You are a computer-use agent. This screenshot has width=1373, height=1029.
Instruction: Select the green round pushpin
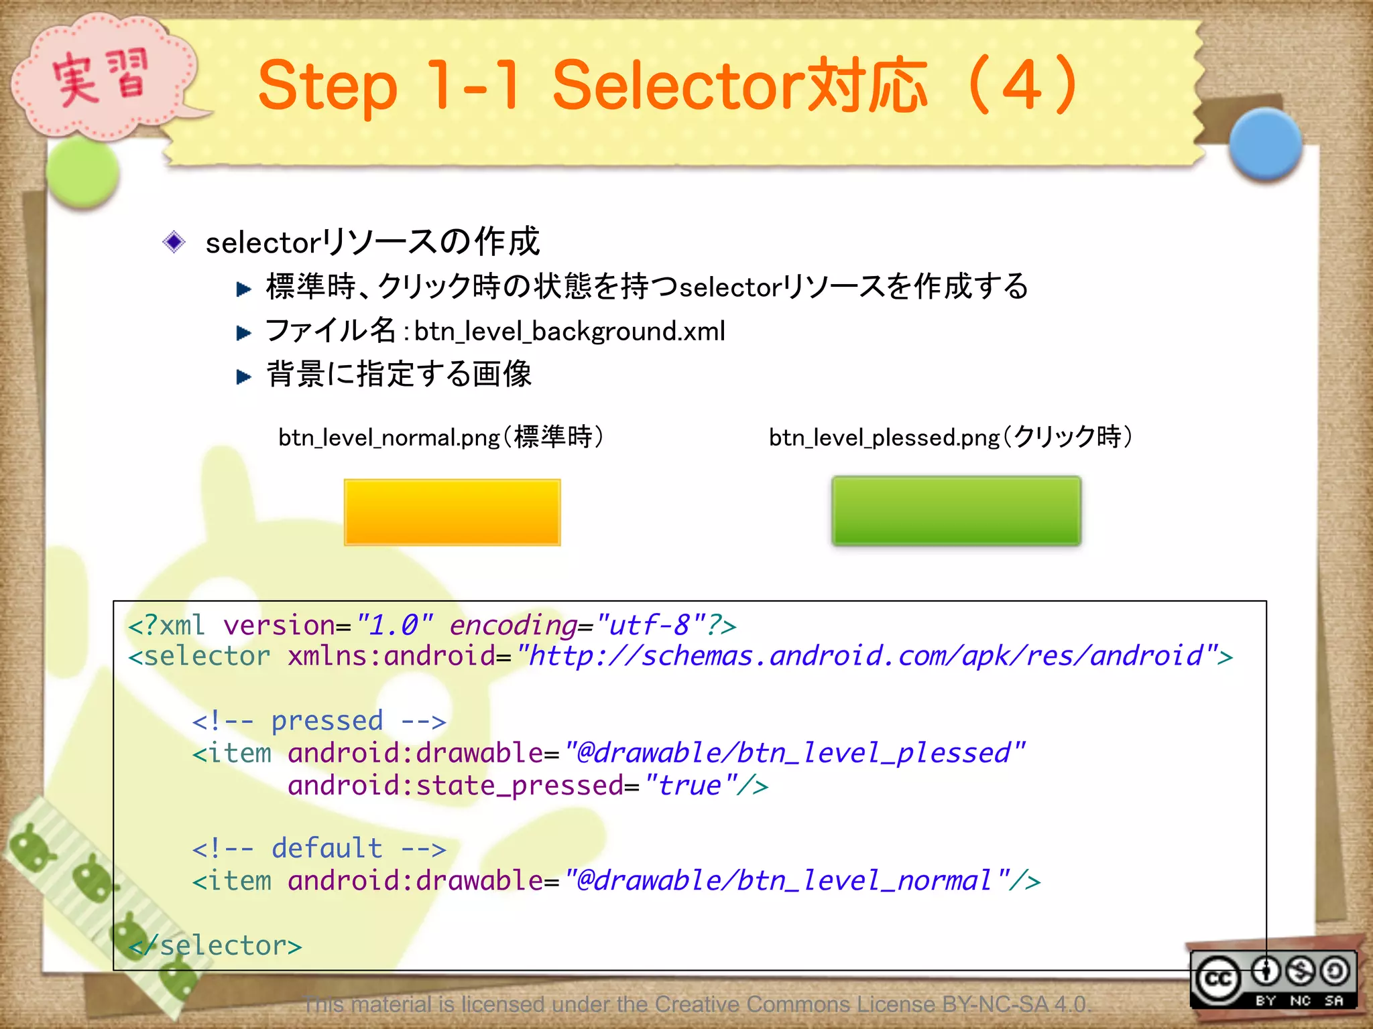(83, 172)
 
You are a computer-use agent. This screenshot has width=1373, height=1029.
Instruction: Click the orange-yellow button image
(452, 512)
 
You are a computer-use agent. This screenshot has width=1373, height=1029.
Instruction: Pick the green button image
(956, 510)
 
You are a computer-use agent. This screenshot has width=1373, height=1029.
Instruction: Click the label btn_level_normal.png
(389, 437)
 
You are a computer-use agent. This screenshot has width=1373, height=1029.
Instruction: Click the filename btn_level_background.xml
(569, 332)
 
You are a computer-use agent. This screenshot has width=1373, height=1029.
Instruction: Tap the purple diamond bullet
(174, 242)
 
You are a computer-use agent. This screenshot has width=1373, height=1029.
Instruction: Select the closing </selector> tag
(215, 945)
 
